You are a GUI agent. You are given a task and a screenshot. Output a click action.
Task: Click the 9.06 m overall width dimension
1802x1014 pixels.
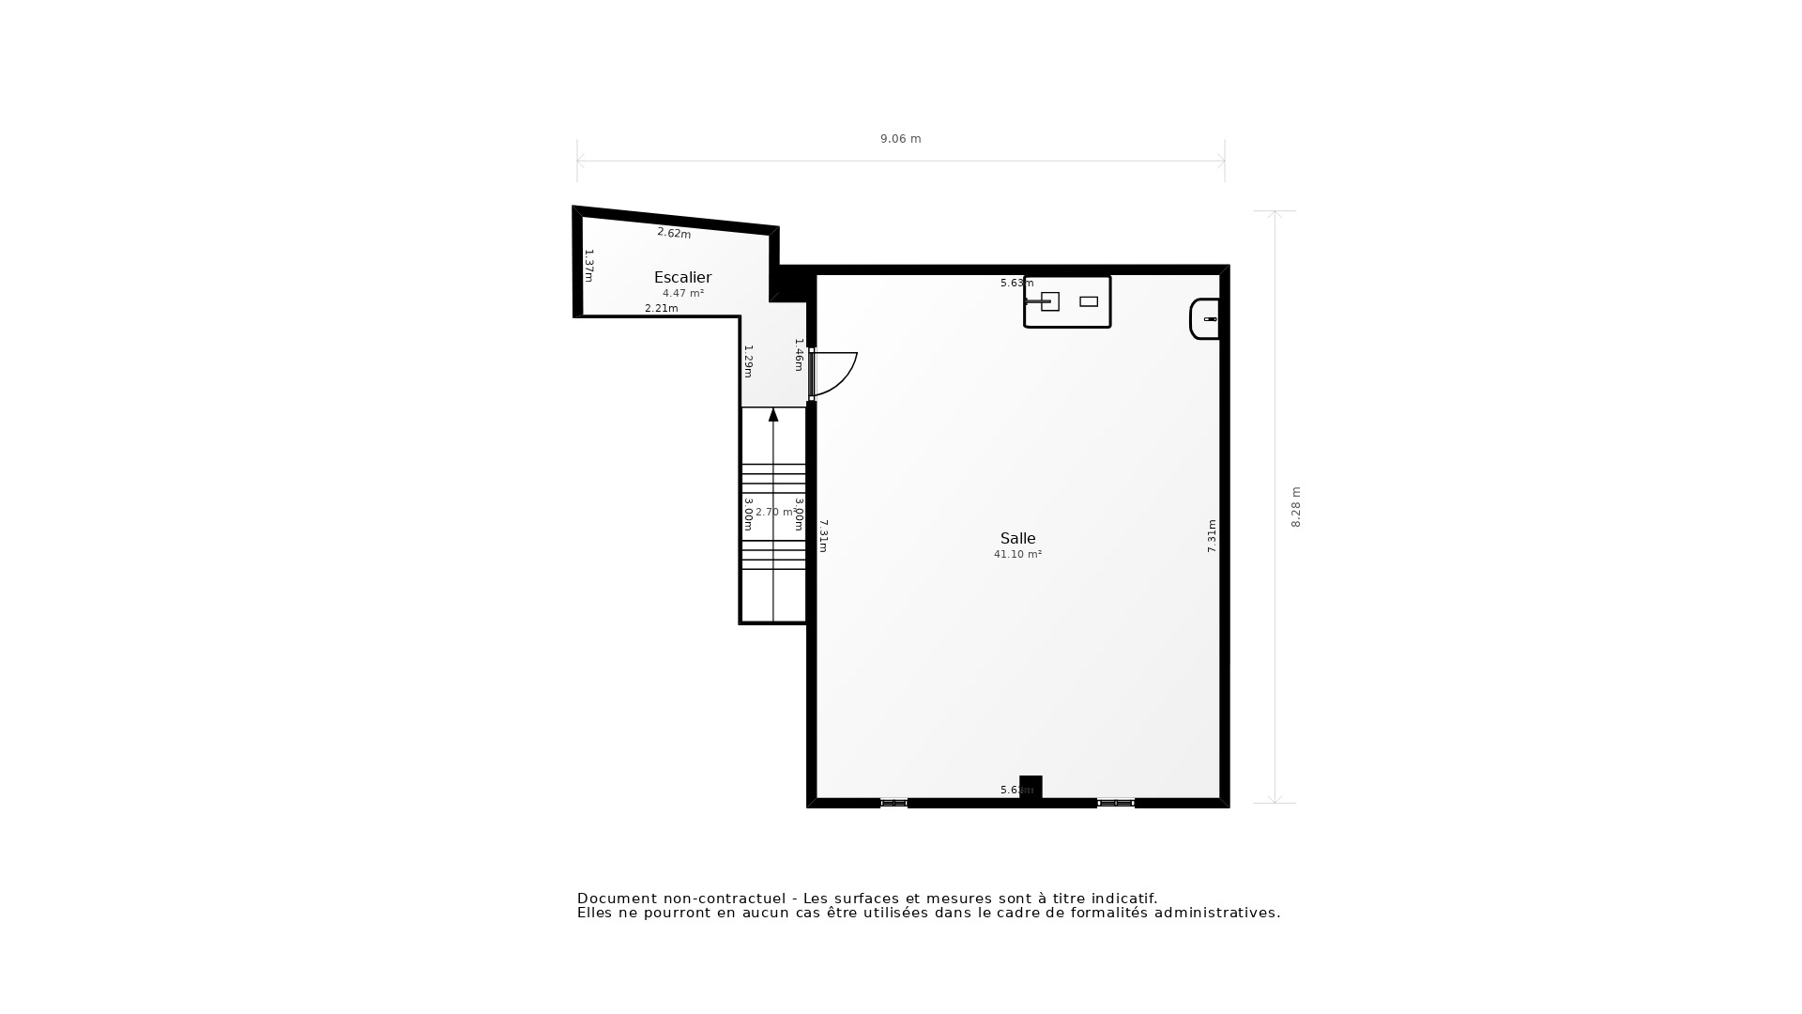coord(900,139)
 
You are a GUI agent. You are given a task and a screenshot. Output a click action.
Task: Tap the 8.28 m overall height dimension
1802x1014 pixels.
coord(1296,507)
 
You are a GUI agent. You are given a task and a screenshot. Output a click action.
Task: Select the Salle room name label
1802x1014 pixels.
coord(1017,538)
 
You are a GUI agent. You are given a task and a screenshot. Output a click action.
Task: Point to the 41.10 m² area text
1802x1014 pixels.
coord(1017,555)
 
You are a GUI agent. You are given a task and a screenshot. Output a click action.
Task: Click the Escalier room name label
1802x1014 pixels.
coord(682,277)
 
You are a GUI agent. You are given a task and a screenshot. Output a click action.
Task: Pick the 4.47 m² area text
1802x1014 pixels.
coord(682,293)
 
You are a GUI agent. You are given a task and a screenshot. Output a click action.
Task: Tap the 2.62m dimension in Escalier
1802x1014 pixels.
coord(674,233)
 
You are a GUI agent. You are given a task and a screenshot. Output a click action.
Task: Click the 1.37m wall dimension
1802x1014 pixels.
coord(589,266)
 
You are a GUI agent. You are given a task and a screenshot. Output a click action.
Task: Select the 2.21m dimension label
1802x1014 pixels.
coord(661,308)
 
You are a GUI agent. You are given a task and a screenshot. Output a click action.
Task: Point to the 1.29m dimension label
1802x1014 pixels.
coord(748,361)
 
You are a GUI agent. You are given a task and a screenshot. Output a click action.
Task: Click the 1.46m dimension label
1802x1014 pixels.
coord(799,355)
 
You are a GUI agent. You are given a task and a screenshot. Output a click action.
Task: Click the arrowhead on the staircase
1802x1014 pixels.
coord(773,415)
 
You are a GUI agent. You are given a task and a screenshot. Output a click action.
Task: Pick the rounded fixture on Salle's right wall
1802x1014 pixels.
coord(1204,319)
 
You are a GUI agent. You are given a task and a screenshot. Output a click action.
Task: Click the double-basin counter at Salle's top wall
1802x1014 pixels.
coord(1067,301)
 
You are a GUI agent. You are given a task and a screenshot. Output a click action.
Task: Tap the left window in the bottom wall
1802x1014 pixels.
coord(893,803)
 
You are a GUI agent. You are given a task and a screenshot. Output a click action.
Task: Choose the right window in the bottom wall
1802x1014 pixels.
coord(1116,803)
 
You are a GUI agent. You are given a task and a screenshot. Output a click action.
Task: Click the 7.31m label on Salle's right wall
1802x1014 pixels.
coord(1212,535)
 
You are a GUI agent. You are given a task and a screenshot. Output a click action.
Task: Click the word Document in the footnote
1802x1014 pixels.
coord(617,899)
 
